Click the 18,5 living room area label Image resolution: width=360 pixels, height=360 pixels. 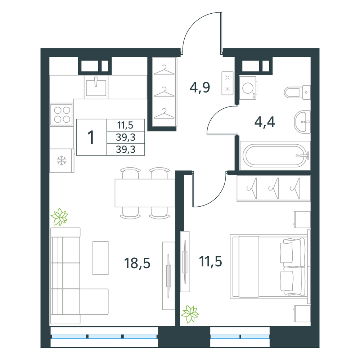point(137,263)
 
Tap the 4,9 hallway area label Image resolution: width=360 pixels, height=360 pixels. point(200,87)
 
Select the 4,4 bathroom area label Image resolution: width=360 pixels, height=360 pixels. point(265,122)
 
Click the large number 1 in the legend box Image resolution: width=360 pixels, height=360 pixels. point(91,137)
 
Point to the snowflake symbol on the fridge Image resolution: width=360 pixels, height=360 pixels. point(62,160)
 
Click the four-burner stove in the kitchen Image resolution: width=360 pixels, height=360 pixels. point(62,114)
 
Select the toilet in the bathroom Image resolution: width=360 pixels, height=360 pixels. point(297,92)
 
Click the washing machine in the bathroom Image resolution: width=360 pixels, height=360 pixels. point(248,88)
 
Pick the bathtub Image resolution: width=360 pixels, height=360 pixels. point(275,156)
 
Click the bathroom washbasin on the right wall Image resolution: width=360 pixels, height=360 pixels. point(302,122)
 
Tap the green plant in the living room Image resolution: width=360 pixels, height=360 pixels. point(60,217)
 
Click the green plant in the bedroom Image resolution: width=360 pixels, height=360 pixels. point(190,314)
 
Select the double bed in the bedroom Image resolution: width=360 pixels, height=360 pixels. point(270,267)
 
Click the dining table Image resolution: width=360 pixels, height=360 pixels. point(145,193)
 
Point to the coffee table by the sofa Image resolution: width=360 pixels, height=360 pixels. point(100,258)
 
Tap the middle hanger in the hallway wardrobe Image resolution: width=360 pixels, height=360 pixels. point(164,92)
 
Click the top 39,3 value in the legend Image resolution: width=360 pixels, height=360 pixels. point(126,137)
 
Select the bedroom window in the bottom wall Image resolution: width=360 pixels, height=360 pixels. point(240,337)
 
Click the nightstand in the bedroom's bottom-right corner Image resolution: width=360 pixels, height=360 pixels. point(302,314)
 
